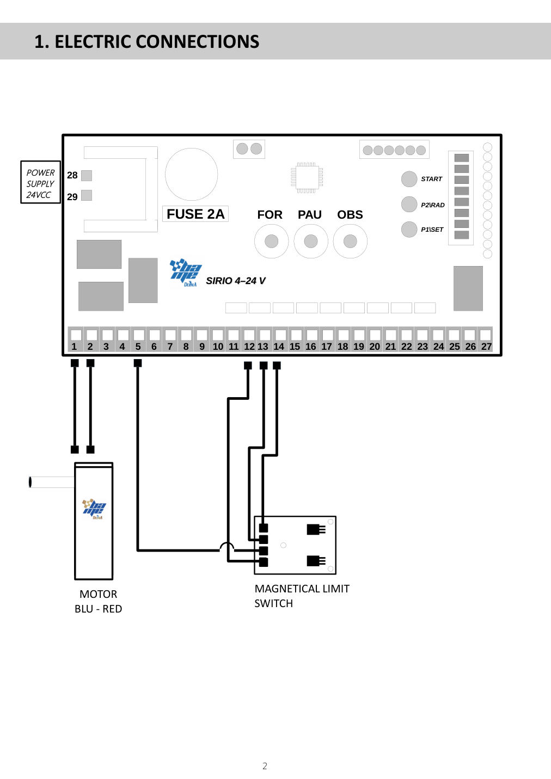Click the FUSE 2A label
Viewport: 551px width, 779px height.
pyautogui.click(x=195, y=214)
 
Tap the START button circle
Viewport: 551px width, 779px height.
pyautogui.click(x=409, y=179)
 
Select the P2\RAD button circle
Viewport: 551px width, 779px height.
pyautogui.click(x=409, y=204)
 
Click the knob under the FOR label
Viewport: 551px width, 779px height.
pyautogui.click(x=272, y=241)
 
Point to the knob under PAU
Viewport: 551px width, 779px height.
pyautogui.click(x=311, y=241)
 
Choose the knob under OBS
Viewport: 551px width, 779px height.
pyautogui.click(x=350, y=241)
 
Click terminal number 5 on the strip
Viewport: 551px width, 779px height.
pyautogui.click(x=138, y=339)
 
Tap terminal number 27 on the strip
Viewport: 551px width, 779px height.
pyautogui.click(x=486, y=339)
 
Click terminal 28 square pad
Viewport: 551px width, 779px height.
pyautogui.click(x=87, y=176)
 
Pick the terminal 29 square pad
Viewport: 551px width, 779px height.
pyautogui.click(x=87, y=195)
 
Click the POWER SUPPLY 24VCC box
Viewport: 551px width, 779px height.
pyautogui.click(x=40, y=182)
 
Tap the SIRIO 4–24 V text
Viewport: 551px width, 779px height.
pyautogui.click(x=236, y=281)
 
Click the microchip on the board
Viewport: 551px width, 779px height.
pyautogui.click(x=307, y=178)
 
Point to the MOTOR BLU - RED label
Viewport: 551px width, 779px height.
pyautogui.click(x=98, y=601)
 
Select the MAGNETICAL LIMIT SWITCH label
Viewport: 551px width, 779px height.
pyautogui.click(x=302, y=596)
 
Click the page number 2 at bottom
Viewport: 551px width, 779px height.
pyautogui.click(x=265, y=766)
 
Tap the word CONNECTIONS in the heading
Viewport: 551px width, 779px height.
pyautogui.click(x=197, y=42)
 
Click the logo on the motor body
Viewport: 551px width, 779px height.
pyautogui.click(x=94, y=509)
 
